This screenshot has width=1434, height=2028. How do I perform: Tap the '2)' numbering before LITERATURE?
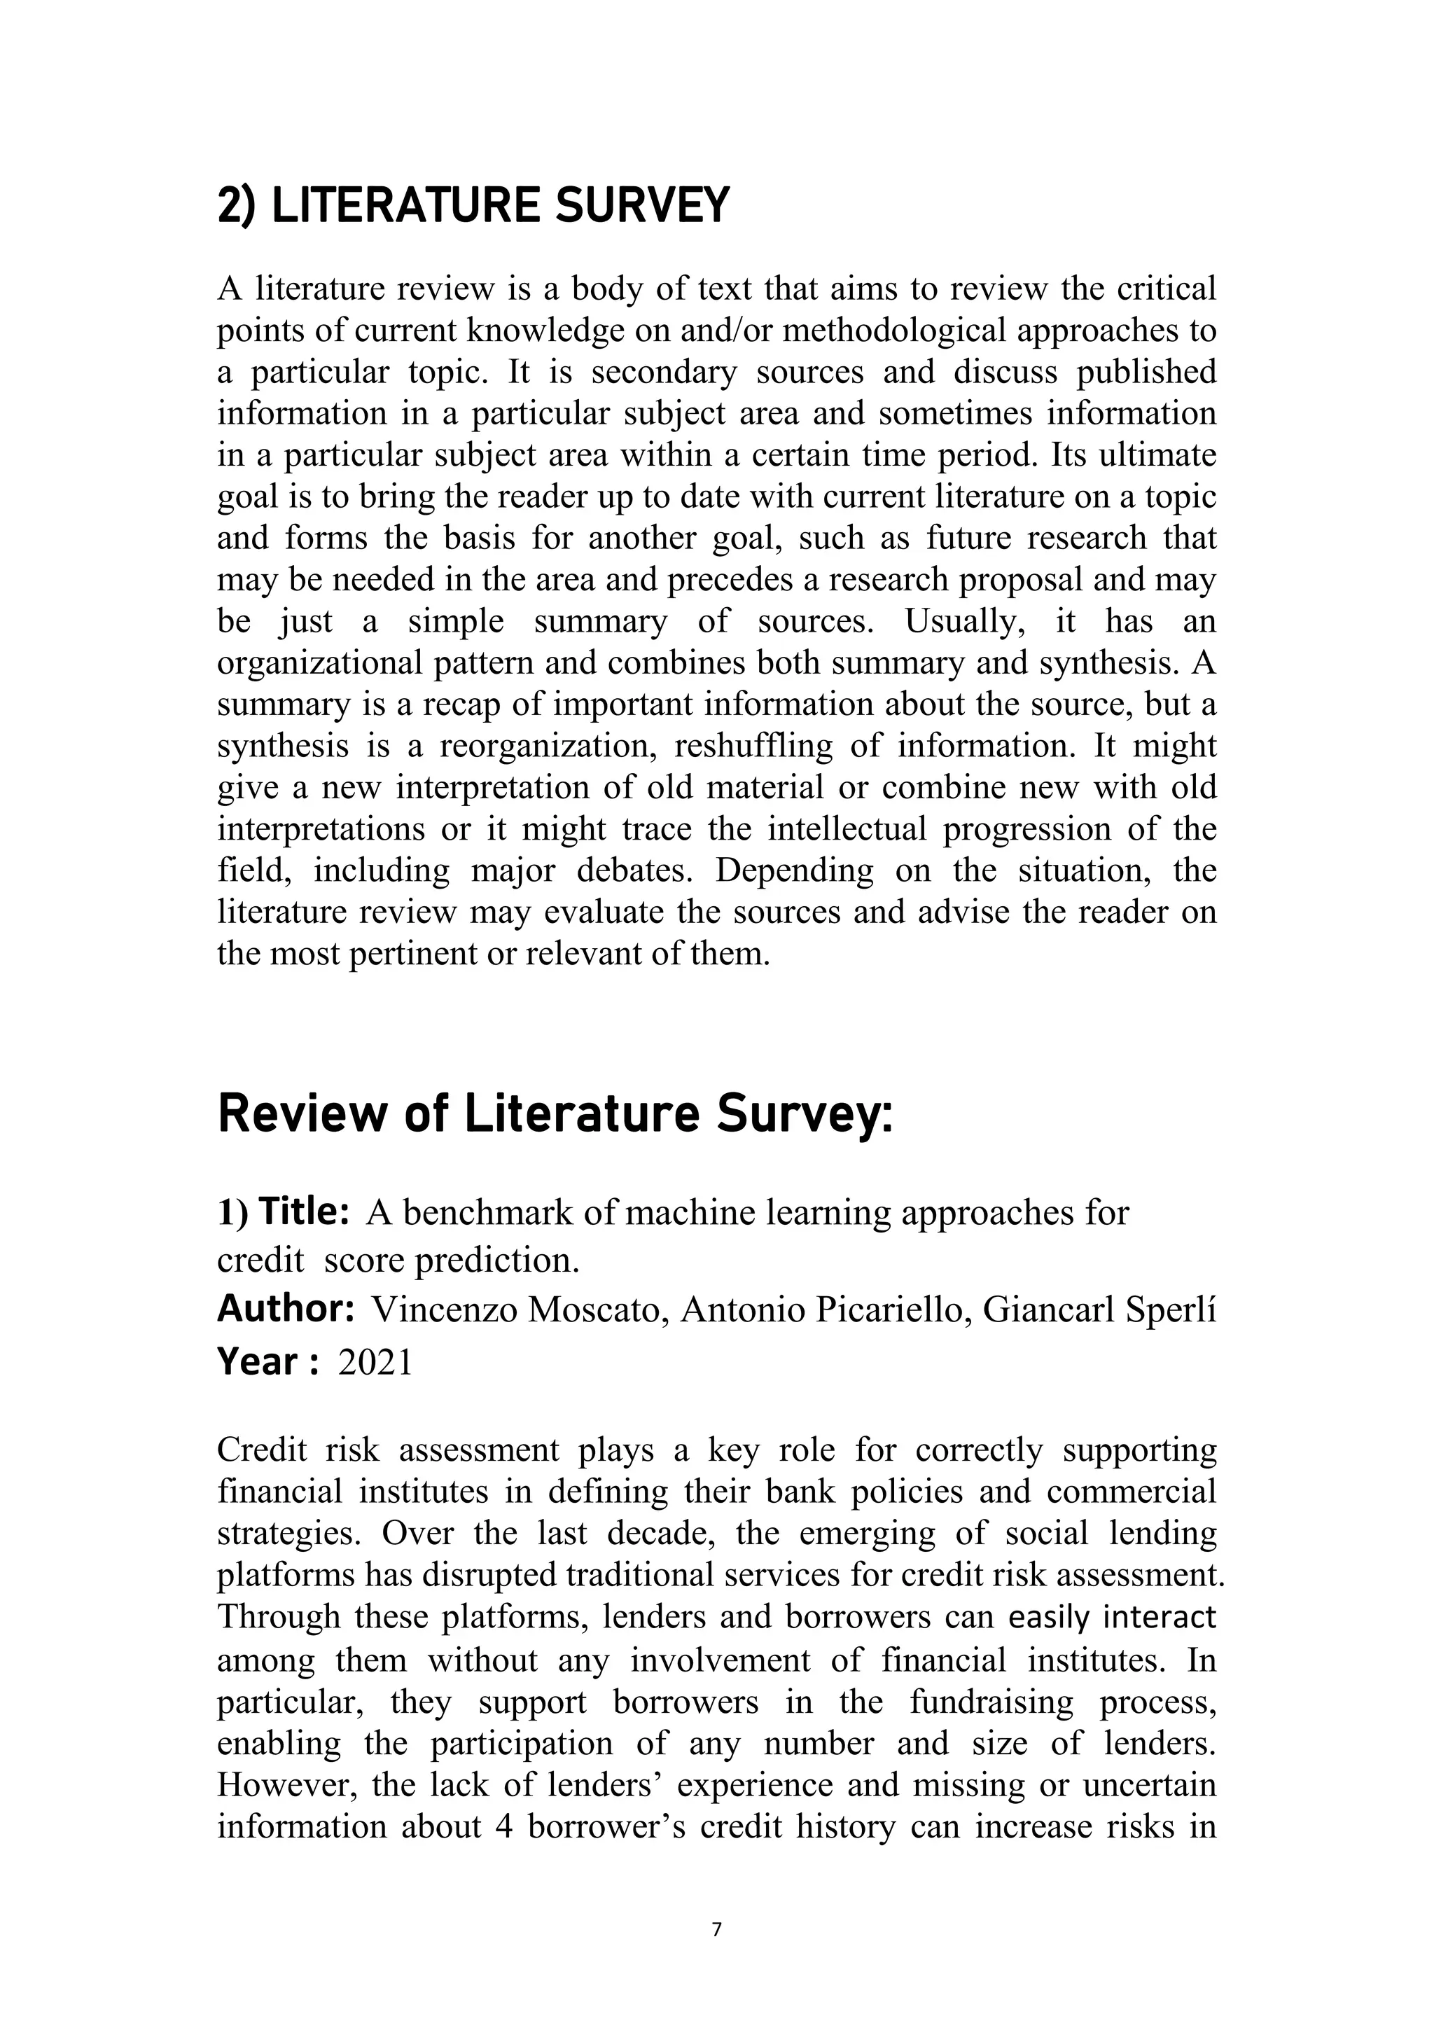(236, 206)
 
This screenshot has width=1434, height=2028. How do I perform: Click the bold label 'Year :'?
(267, 1362)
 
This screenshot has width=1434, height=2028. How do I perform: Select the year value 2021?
(375, 1362)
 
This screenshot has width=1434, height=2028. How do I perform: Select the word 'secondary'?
(663, 372)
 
